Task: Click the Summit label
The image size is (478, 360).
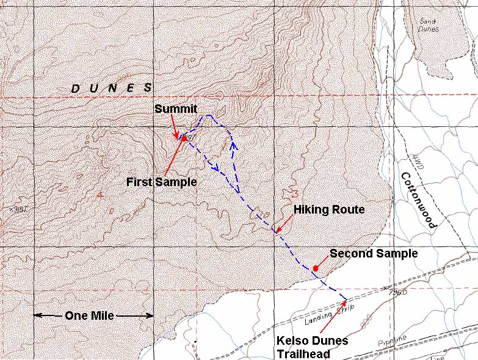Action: (175, 109)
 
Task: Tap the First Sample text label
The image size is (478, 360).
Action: (161, 182)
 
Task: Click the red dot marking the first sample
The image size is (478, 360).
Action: (184, 139)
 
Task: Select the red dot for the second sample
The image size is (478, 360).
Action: (316, 268)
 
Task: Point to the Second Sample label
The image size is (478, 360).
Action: (373, 253)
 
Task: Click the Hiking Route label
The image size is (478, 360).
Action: (329, 209)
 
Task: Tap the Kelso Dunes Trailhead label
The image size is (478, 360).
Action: (311, 347)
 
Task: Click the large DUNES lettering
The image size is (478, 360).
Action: (111, 88)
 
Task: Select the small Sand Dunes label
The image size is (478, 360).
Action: (429, 25)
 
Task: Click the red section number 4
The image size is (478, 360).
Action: (100, 195)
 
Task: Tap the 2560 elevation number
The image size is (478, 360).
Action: (399, 293)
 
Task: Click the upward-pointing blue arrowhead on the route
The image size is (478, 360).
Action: (233, 145)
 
